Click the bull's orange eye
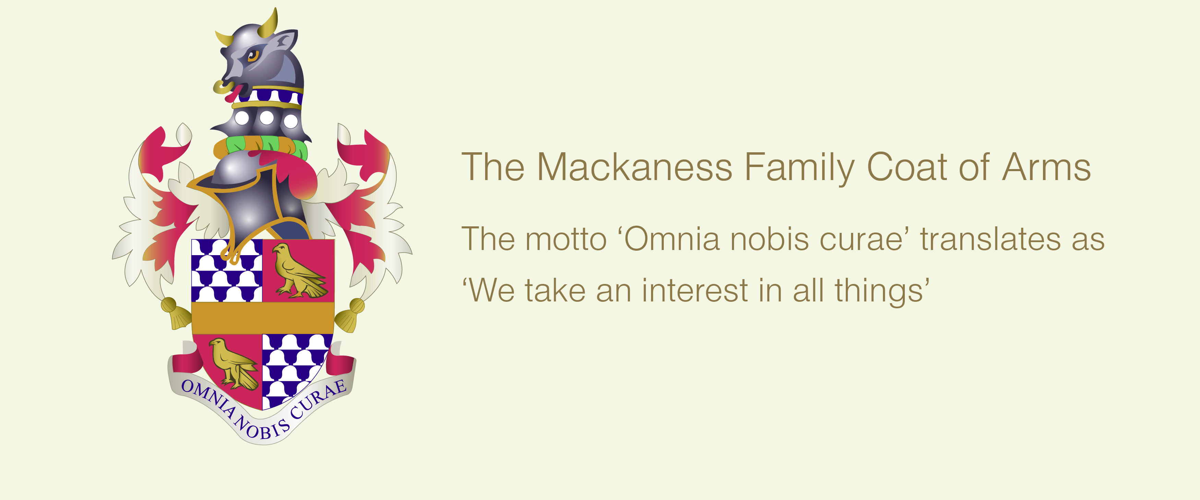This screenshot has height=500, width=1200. coord(253,56)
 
